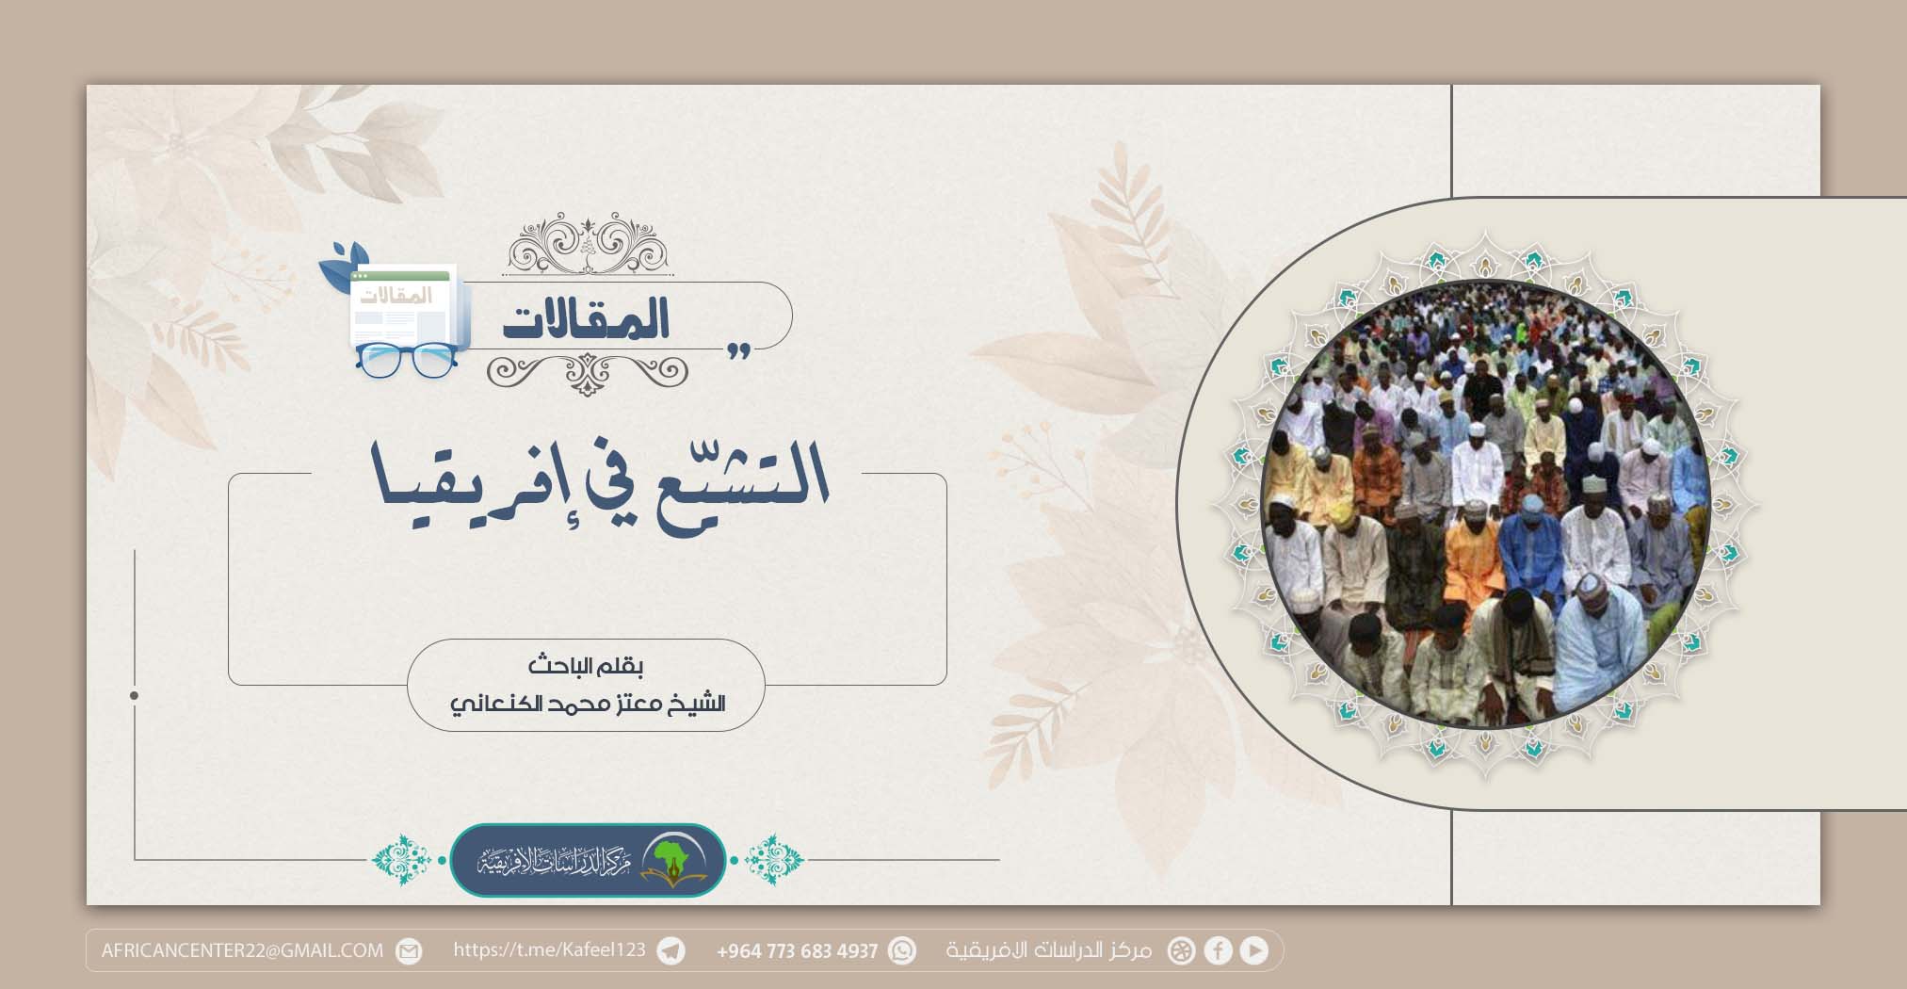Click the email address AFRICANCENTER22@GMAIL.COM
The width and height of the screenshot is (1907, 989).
coord(242,950)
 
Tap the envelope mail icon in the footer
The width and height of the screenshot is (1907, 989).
coord(409,950)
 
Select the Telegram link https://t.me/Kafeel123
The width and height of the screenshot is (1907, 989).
coord(550,949)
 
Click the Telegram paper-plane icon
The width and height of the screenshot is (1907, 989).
coord(671,950)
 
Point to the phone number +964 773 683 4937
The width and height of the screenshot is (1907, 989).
coord(797,951)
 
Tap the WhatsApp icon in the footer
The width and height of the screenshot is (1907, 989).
coord(902,950)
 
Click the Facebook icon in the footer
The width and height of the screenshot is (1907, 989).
coord(1218,950)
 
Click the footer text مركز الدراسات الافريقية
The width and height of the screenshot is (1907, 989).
coord(1049,950)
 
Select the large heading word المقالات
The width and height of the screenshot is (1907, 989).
coord(586,319)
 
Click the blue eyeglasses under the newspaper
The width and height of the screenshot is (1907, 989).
coord(406,360)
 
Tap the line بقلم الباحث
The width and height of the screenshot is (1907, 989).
coord(585,667)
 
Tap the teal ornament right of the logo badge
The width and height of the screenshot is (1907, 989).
coord(774,859)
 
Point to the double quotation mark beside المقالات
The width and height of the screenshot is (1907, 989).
coord(738,351)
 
